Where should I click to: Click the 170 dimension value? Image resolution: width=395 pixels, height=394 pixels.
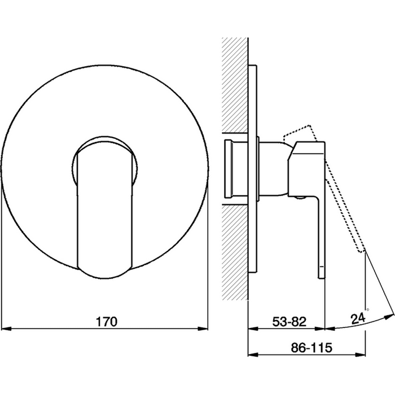coord(107,322)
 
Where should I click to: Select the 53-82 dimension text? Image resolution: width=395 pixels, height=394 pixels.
coord(289,322)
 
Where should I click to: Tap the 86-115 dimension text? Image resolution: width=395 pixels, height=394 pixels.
coord(311,348)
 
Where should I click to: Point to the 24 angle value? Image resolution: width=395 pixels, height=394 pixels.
coord(358,319)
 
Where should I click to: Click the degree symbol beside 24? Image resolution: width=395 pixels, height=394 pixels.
coord(367,309)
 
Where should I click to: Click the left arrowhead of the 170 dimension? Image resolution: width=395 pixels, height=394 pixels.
coord(6,329)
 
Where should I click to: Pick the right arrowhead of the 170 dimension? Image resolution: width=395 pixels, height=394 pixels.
coord(203,329)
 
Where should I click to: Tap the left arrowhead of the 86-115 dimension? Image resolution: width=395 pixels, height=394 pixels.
coord(253,354)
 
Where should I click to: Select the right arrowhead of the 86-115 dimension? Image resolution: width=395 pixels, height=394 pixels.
coord(360,354)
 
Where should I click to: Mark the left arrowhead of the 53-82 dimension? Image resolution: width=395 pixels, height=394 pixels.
coord(253,329)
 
